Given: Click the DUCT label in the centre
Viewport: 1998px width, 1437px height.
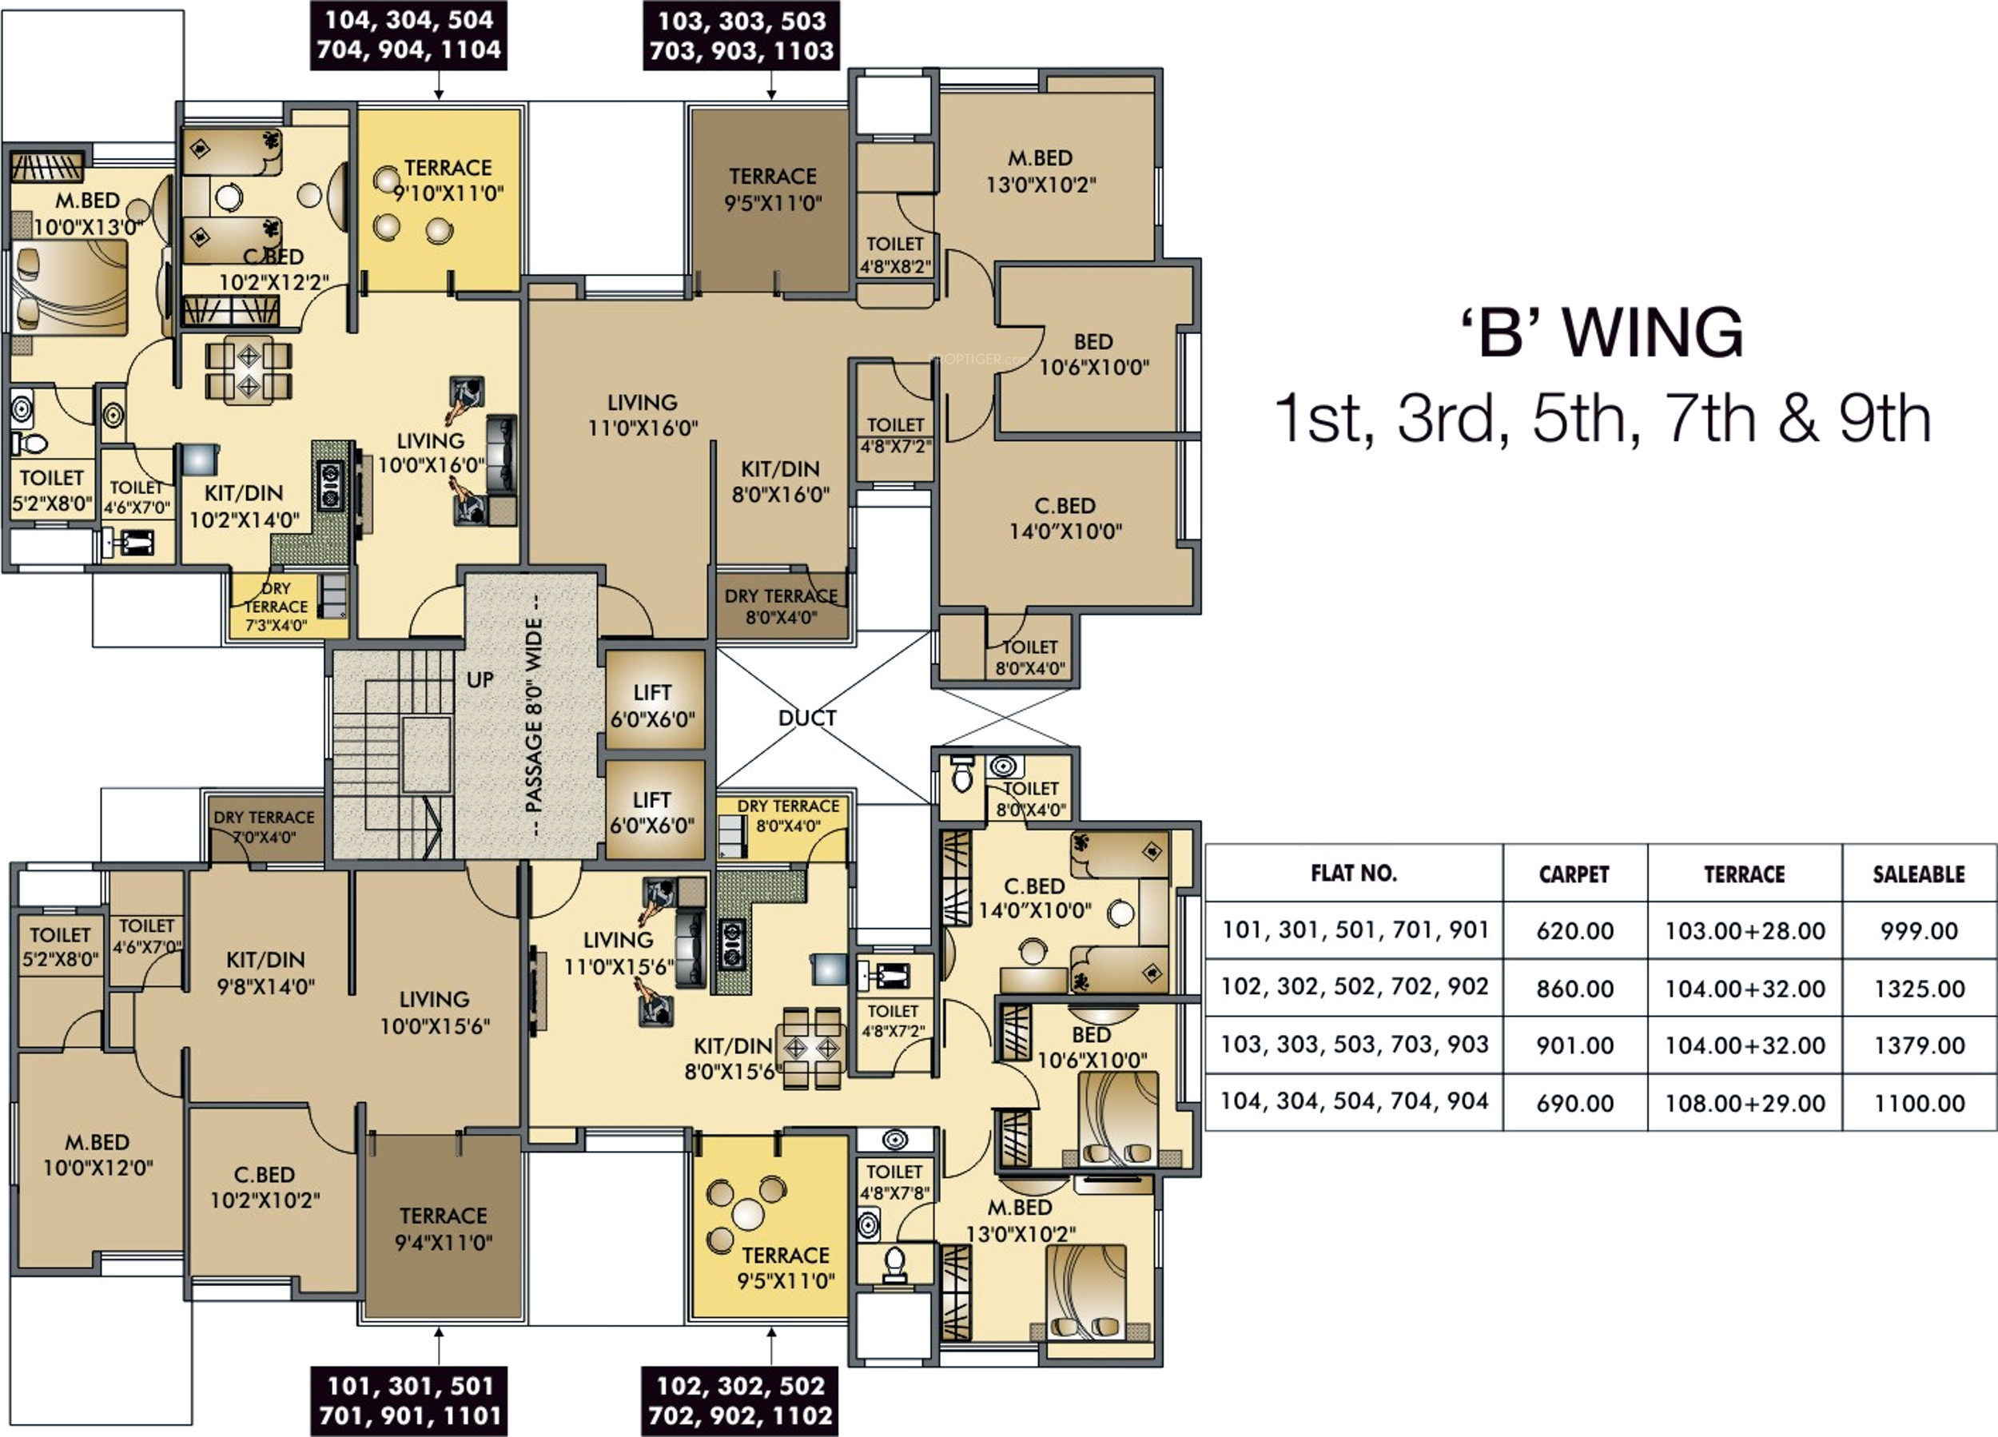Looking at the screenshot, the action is (807, 718).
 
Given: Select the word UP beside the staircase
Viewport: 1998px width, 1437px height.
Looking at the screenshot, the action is (480, 680).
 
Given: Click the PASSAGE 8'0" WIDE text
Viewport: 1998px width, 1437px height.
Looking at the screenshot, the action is (534, 715).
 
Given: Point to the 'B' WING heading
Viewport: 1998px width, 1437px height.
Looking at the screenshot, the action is (1602, 332).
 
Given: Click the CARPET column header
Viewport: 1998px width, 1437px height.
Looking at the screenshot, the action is (1574, 875).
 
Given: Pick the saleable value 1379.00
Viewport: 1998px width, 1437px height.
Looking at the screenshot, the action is (1920, 1046).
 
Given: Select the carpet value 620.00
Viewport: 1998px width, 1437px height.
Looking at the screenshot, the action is (1575, 931).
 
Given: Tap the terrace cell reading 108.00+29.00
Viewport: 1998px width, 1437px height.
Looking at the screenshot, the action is (1745, 1103).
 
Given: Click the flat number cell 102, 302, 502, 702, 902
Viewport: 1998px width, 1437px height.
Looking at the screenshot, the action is (1355, 987).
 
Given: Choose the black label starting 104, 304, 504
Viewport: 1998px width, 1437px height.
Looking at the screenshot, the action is (408, 35).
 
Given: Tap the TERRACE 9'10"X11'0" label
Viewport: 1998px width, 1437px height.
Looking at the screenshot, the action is (448, 180).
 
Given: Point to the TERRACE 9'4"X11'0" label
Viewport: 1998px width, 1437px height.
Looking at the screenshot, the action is (443, 1229).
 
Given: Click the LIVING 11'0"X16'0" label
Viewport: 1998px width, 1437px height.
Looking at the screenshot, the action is (643, 415).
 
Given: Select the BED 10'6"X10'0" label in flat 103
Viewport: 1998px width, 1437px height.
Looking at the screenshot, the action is (1093, 354).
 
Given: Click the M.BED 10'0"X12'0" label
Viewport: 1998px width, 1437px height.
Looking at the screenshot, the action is (98, 1155).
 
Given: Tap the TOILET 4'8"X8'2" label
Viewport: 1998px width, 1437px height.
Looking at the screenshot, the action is (895, 255).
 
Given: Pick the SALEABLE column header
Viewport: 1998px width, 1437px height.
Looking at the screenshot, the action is (1919, 875).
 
